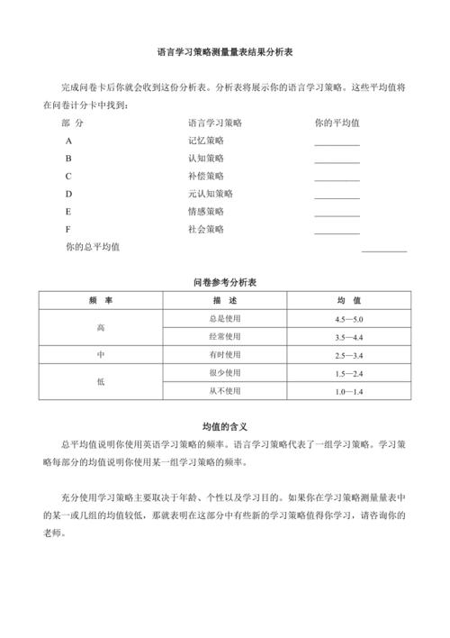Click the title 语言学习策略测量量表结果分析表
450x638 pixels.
(x=225, y=53)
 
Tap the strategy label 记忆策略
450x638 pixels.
(x=206, y=141)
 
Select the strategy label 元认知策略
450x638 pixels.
(x=210, y=193)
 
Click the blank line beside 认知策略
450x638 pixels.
(x=337, y=161)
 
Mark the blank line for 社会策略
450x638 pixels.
(x=337, y=232)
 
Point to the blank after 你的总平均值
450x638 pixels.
(x=384, y=250)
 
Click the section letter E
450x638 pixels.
(x=68, y=211)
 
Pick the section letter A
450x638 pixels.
(x=68, y=141)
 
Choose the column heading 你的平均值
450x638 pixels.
(x=337, y=122)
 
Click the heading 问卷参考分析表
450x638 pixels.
(x=225, y=283)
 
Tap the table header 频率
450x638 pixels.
(x=101, y=300)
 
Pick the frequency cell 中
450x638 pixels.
(x=101, y=355)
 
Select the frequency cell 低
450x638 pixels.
(x=101, y=382)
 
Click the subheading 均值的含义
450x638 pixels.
(x=225, y=426)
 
